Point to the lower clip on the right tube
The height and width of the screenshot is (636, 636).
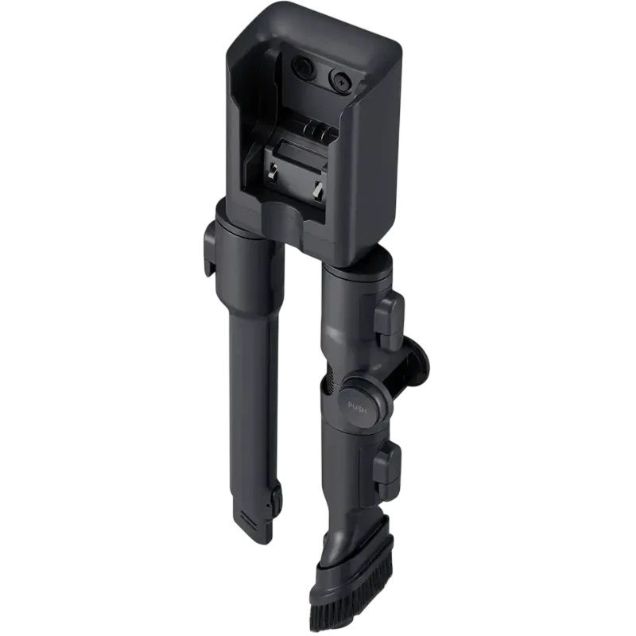387,466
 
